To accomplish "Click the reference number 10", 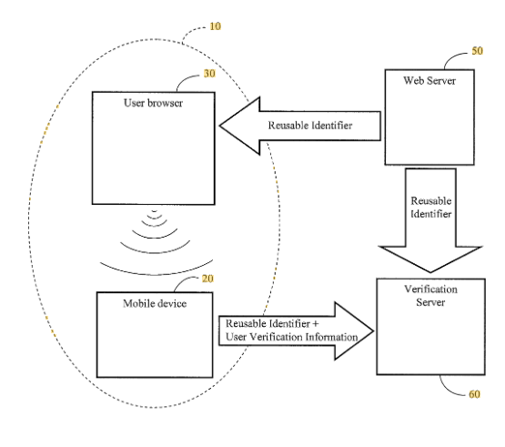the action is [x=215, y=26].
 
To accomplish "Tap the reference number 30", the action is [x=209, y=74].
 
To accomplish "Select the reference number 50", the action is [x=478, y=51].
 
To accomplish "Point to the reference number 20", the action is [x=207, y=279].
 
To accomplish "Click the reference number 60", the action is [x=474, y=394].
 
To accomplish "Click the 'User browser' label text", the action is [x=153, y=103].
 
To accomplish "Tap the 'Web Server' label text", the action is [x=429, y=80].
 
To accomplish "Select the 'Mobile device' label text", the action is [x=155, y=303].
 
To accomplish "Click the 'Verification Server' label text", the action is [x=431, y=296].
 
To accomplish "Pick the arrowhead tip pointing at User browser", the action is [x=220, y=126].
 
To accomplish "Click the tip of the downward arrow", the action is [x=430, y=272].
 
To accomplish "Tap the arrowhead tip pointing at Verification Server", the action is [x=374, y=330].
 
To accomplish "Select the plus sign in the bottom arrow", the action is [x=315, y=323].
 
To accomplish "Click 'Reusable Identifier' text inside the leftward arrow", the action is [x=310, y=125].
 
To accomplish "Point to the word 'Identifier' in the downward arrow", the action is [x=431, y=214].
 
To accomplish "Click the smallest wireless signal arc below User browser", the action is [x=155, y=211].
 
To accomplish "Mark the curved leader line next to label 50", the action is [x=451, y=56].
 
